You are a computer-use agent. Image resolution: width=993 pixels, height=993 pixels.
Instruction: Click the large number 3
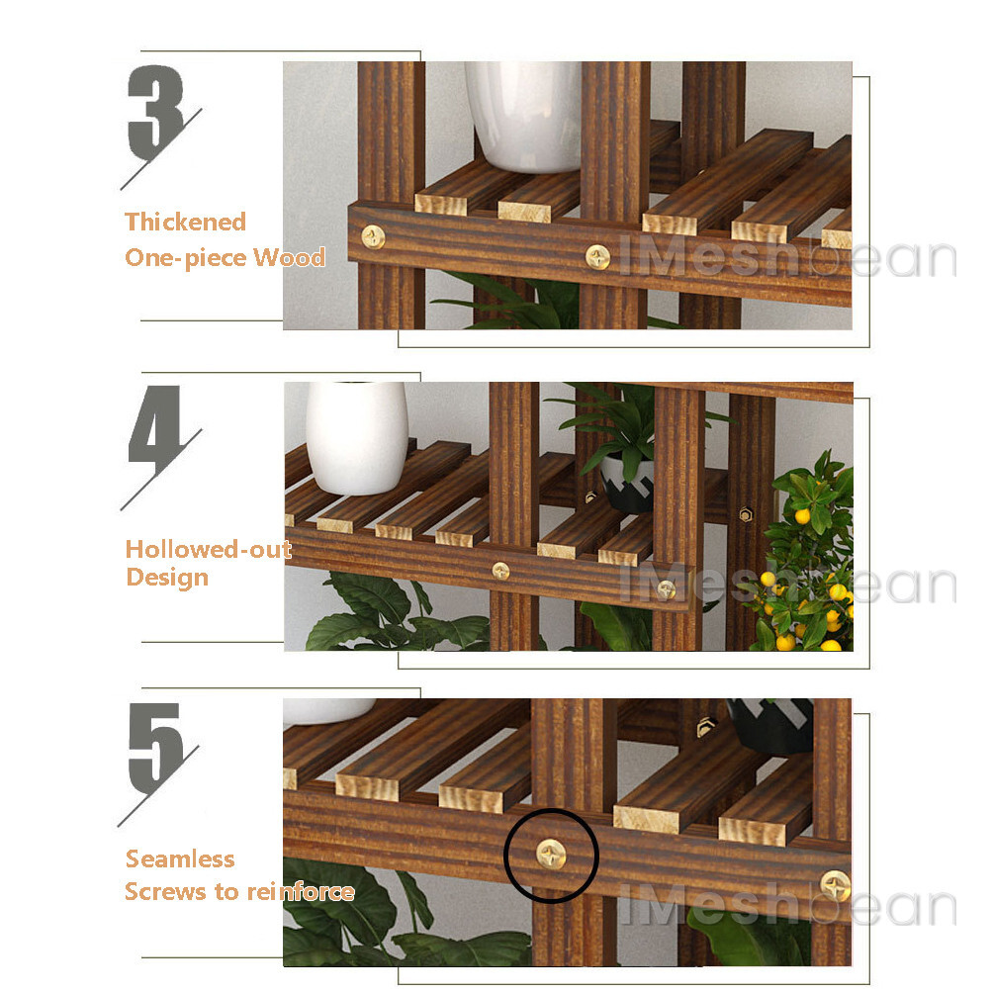click(156, 113)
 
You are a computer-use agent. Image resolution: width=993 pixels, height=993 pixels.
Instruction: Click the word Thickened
click(185, 222)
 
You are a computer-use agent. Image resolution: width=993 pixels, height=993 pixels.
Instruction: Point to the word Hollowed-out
click(209, 550)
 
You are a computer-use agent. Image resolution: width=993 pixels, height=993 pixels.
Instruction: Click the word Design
click(167, 578)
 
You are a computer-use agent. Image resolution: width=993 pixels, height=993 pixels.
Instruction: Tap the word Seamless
click(180, 858)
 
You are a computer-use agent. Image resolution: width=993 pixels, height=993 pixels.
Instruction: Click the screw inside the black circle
click(551, 853)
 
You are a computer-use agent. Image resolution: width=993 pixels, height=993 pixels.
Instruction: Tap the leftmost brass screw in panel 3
click(373, 235)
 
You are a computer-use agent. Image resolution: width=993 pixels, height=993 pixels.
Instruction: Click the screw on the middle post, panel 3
click(598, 257)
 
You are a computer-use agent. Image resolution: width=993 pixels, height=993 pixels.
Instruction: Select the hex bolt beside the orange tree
click(746, 515)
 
